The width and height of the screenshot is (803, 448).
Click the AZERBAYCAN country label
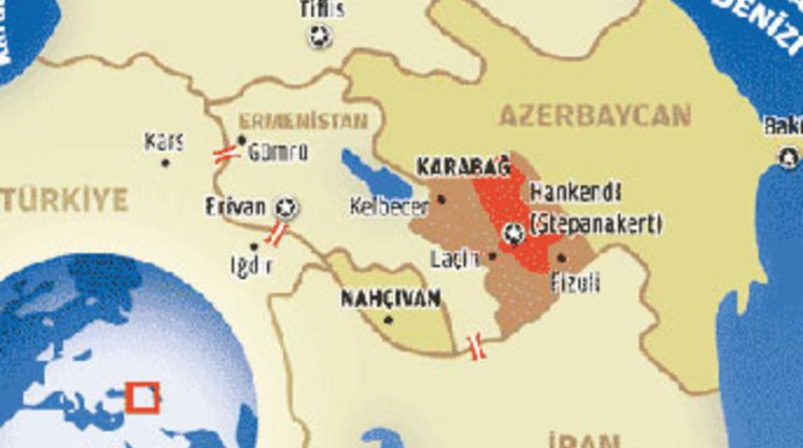click(x=595, y=116)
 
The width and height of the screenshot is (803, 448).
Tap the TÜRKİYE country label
click(x=63, y=200)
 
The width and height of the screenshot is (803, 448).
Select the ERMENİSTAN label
click(x=303, y=121)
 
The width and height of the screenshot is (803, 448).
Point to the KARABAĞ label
click(x=463, y=168)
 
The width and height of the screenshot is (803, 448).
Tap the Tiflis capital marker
click(x=319, y=37)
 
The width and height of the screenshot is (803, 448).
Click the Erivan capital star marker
click(x=287, y=207)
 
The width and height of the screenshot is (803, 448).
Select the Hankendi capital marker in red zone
click(x=514, y=234)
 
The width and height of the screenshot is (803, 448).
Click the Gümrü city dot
click(x=242, y=142)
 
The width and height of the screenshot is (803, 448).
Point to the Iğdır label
click(x=251, y=265)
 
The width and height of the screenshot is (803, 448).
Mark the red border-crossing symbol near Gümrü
click(x=226, y=154)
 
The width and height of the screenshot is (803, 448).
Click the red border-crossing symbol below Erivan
click(x=275, y=232)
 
